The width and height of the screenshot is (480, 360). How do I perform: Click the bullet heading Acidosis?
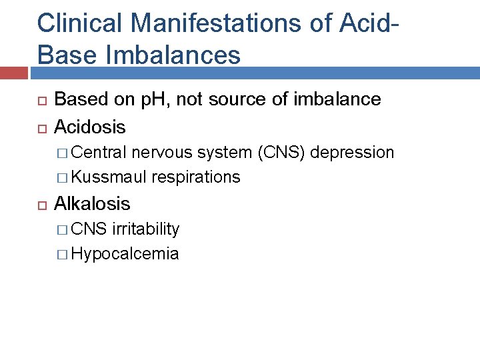coord(89,126)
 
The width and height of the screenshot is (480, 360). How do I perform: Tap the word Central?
coord(100,153)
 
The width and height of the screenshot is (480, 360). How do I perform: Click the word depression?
coord(353,153)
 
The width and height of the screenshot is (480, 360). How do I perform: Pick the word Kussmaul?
coord(109,177)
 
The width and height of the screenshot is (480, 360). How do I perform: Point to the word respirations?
coord(196,177)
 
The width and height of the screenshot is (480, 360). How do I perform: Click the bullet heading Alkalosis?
coord(92,203)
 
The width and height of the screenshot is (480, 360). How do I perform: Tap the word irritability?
coord(146,229)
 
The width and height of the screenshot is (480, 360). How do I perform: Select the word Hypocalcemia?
coord(125,254)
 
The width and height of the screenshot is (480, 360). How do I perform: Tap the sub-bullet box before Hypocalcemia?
coord(63,254)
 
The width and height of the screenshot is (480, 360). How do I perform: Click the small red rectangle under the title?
coord(15,73)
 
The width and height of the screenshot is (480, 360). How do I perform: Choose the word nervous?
coord(158,153)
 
